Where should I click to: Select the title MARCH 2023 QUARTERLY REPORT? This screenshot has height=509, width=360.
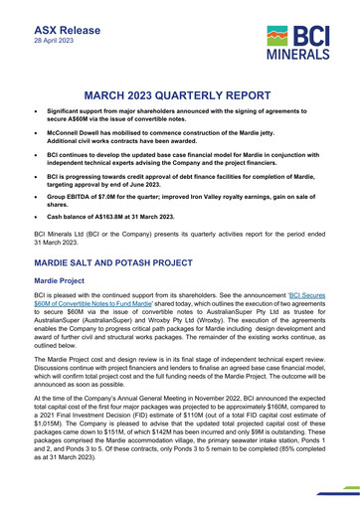click(x=179, y=95)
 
